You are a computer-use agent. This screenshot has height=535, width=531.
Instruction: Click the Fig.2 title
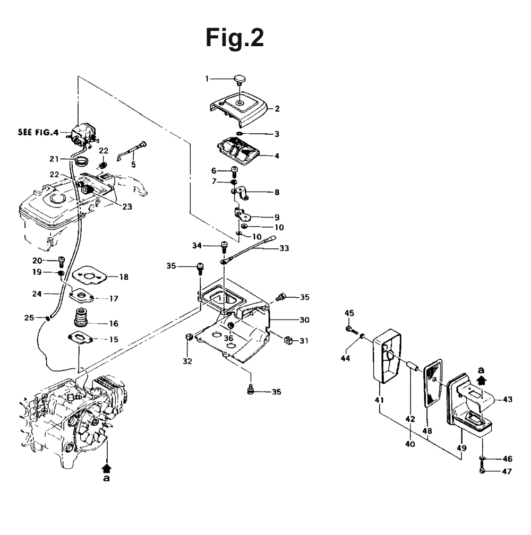235,38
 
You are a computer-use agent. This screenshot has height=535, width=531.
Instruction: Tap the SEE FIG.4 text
38,132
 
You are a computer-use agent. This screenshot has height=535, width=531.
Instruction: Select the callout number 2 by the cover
277,109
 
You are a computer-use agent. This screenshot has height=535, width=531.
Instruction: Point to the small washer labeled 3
239,133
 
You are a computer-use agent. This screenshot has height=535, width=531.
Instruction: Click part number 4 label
277,156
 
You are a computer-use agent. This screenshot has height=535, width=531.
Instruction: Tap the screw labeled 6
235,170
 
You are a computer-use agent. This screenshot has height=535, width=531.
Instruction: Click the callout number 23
127,207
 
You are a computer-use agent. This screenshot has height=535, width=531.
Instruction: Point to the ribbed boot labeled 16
81,318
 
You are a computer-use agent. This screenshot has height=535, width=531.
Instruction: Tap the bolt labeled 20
62,262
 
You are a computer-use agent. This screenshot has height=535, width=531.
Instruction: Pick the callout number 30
304,320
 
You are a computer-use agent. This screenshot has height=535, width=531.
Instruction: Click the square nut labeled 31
288,340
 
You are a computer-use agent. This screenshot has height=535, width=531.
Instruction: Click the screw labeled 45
352,330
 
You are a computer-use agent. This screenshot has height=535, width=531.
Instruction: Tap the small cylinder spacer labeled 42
412,369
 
